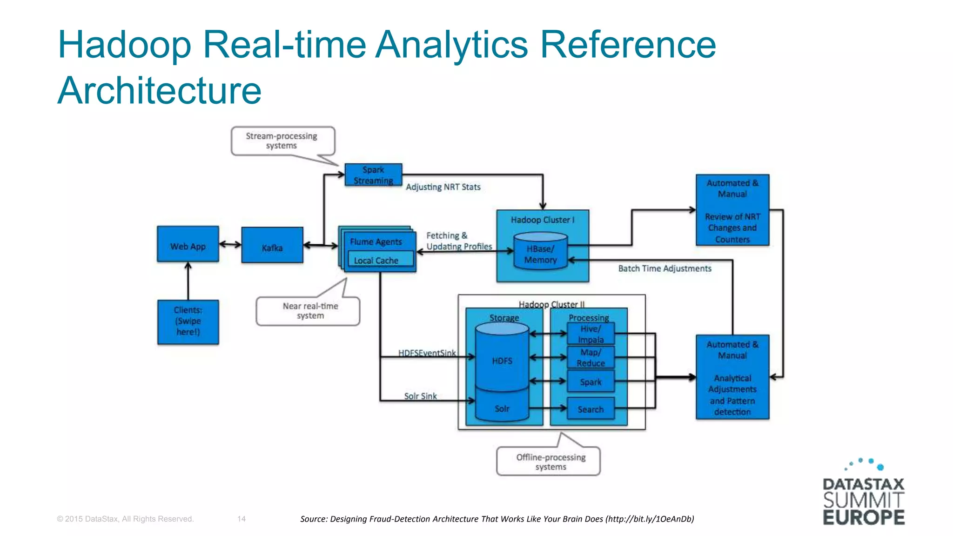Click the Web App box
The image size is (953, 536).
coord(188,245)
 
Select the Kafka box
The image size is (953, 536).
coord(272,246)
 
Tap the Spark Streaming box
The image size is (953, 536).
coord(373,175)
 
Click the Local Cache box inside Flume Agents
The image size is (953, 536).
coord(376,260)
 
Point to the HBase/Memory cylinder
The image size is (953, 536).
coord(540,254)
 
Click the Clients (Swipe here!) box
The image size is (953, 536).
coord(188,322)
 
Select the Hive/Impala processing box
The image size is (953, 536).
coord(591,334)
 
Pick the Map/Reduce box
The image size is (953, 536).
coord(591,357)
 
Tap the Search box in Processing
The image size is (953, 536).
coord(591,409)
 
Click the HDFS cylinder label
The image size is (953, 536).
coord(502,361)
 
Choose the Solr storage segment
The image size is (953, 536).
coord(502,408)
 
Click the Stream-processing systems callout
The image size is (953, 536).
coord(282,141)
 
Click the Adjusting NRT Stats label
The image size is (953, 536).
coord(443,187)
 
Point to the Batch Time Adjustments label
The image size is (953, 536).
coord(664,268)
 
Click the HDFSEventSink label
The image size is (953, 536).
coord(427,353)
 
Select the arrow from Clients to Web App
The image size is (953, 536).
coord(188,281)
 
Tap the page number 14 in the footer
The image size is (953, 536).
coord(241,519)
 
